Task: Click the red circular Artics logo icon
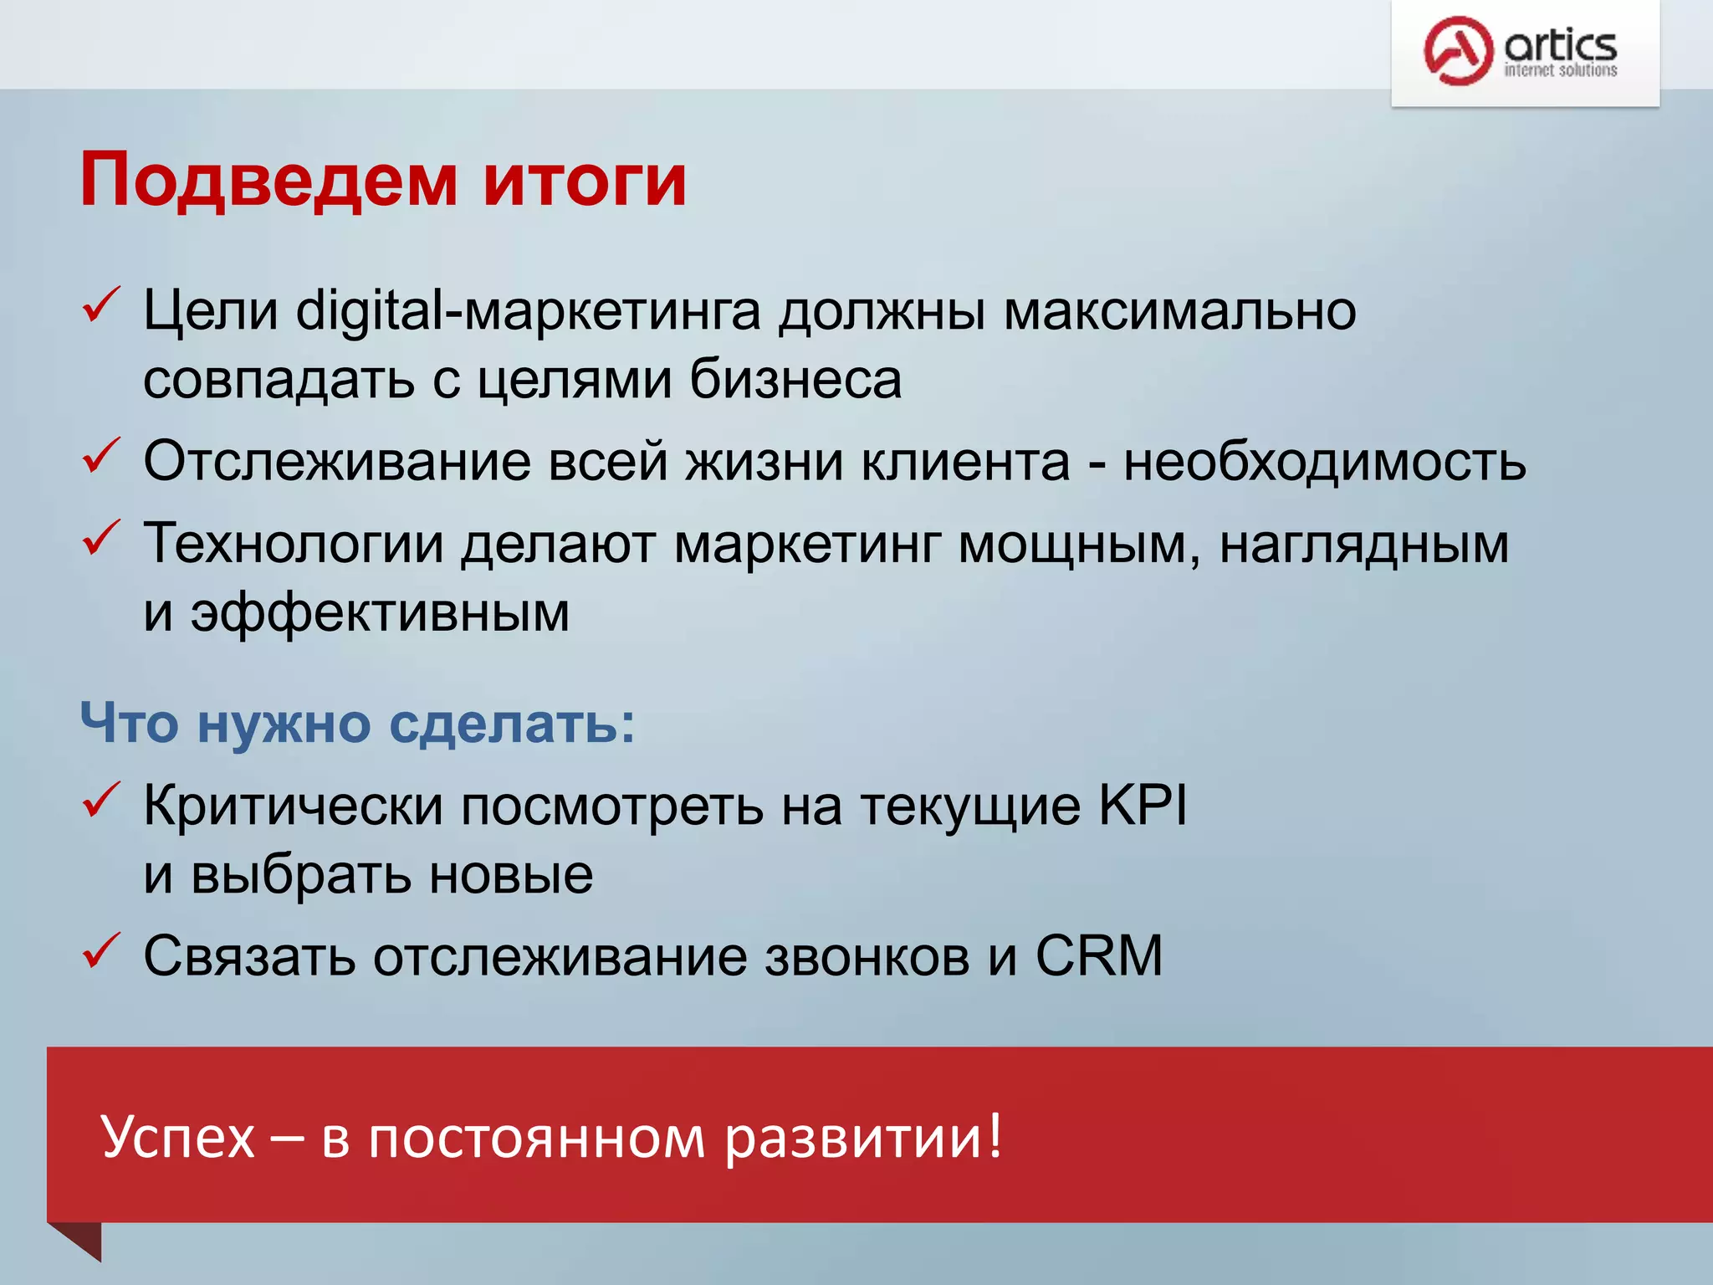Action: (1458, 51)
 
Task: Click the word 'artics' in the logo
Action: (1560, 44)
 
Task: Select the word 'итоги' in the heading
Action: (585, 181)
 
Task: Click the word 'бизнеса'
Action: (795, 379)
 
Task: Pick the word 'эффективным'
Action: (380, 612)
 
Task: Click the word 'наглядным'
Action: (1363, 545)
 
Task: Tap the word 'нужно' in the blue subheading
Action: (284, 723)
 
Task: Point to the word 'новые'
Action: (511, 875)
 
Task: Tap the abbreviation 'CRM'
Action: (1099, 955)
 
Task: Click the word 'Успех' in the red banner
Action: (177, 1137)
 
